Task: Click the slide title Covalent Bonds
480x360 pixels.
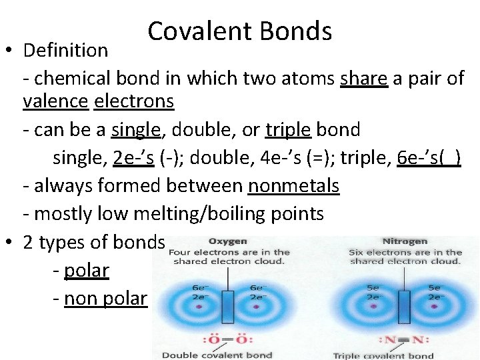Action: (240, 31)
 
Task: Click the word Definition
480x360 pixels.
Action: (65, 50)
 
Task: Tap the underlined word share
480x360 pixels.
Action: (364, 79)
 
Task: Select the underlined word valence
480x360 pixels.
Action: (56, 102)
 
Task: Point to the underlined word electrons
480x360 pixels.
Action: (134, 102)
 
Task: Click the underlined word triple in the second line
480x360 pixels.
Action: (288, 129)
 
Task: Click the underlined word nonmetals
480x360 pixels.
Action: (293, 186)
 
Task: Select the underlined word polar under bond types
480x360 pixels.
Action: (87, 271)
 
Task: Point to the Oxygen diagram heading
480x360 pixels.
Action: (228, 241)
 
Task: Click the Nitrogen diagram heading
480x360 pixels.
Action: (405, 241)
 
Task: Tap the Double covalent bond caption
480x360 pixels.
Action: (217, 355)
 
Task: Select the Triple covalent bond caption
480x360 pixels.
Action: (383, 355)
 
